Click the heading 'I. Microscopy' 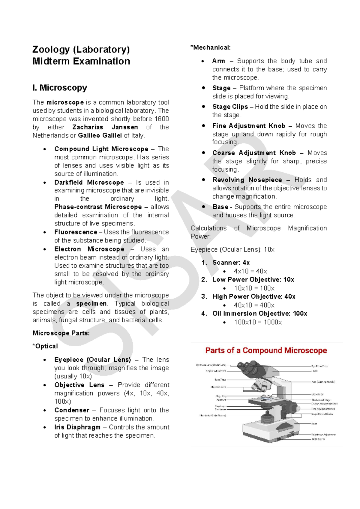tap(60, 88)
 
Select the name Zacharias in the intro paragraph tap(88, 127)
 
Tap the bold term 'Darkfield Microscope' tap(89, 182)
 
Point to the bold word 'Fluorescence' tap(76, 232)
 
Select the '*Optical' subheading tap(45, 346)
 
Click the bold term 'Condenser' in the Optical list tap(72, 410)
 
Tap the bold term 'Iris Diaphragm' tap(77, 427)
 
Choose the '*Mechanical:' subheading tap(211, 47)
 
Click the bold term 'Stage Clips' tap(230, 107)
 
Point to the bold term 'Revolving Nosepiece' tap(247, 180)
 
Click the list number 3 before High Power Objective tap(204, 297)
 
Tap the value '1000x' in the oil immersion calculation tap(273, 322)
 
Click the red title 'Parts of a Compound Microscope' tap(266, 351)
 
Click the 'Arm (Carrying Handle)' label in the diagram tap(323, 382)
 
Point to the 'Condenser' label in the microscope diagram tap(220, 409)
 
